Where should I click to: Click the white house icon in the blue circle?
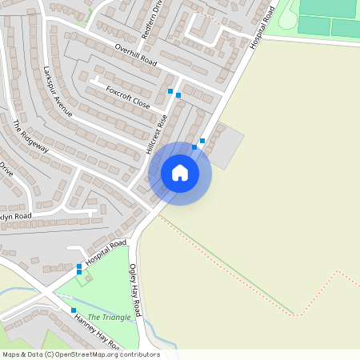(x=180, y=173)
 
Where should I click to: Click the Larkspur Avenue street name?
(x=59, y=91)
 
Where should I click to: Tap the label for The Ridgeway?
(x=31, y=136)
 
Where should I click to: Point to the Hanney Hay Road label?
(x=96, y=333)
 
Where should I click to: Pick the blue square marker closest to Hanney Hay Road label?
(x=73, y=310)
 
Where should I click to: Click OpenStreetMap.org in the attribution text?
(x=88, y=354)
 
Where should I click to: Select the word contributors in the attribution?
(x=139, y=354)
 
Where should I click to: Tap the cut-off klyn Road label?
(x=16, y=217)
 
